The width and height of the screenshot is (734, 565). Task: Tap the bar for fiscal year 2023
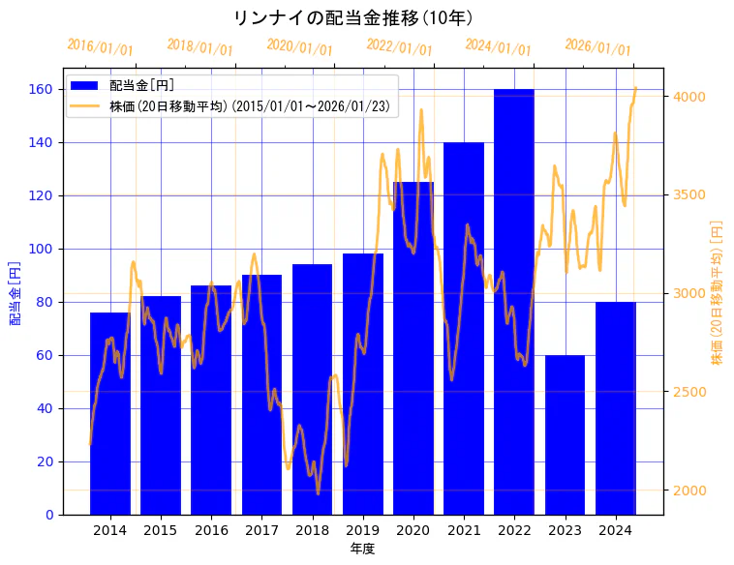coord(565,435)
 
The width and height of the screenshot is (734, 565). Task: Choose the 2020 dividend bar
coord(413,348)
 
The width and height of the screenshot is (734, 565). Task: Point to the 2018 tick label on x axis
coord(312,530)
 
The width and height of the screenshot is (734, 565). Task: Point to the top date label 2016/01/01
coord(100,47)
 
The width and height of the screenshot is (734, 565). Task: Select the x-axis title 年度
coord(362,549)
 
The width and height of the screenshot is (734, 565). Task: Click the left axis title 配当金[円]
coord(15,292)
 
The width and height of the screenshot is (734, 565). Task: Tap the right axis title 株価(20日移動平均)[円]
coord(718,292)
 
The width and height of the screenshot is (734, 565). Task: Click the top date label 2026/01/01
coord(597,47)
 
